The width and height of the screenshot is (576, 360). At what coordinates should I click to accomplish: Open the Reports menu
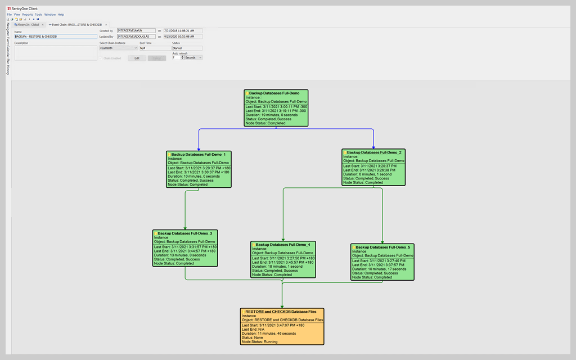(x=28, y=15)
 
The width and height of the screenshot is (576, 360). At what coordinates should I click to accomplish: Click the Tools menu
(x=38, y=15)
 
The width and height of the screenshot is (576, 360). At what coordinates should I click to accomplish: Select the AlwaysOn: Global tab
(x=29, y=25)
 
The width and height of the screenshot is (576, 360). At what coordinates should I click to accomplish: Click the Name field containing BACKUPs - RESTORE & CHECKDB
(x=56, y=37)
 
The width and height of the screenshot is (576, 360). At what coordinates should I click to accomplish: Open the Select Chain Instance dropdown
(x=119, y=48)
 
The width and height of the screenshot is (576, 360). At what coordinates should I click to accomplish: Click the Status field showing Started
(x=187, y=48)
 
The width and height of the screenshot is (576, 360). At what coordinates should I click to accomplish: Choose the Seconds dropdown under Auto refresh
(x=193, y=57)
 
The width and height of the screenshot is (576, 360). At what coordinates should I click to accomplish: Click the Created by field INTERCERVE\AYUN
(x=136, y=31)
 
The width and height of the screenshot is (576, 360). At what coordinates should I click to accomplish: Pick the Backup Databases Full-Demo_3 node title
(x=185, y=233)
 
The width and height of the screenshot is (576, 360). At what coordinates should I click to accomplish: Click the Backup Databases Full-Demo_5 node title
(x=382, y=247)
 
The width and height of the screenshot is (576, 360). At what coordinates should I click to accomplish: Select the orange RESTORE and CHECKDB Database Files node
(x=282, y=326)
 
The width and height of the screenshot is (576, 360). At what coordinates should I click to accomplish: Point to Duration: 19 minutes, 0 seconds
(x=271, y=115)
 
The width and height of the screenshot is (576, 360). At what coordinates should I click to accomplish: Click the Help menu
(x=61, y=15)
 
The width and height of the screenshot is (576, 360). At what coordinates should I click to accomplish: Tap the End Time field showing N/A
(x=154, y=48)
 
